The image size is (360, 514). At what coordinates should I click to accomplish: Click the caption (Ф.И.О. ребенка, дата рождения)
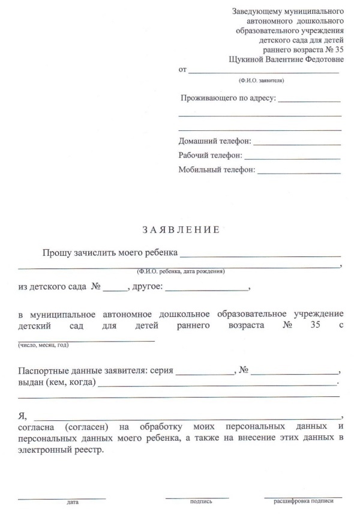tap(181, 271)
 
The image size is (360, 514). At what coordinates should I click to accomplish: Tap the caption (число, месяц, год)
tap(43, 345)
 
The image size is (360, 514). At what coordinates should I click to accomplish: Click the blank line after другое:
tap(207, 290)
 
